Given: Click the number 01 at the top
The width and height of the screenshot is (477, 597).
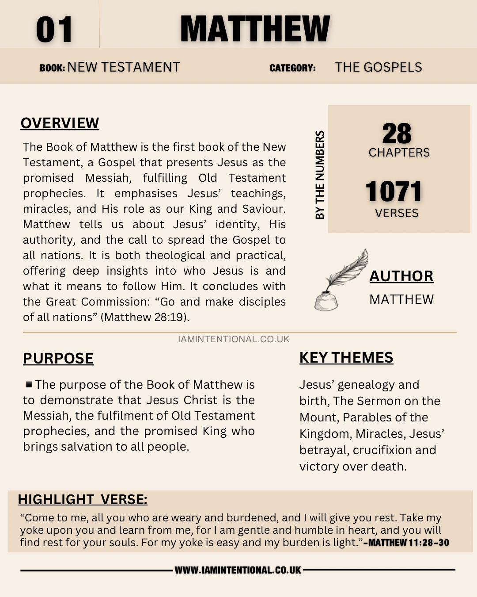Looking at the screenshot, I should [x=54, y=30].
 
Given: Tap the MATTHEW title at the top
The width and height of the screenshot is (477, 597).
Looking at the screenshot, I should [x=255, y=29].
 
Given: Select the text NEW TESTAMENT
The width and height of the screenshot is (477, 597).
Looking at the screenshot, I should [x=124, y=67].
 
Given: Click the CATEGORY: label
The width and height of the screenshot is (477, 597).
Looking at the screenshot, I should [x=292, y=68].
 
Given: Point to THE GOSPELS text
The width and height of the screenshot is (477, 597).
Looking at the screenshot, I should [x=379, y=67].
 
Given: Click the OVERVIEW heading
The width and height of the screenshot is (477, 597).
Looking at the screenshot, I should [x=60, y=123].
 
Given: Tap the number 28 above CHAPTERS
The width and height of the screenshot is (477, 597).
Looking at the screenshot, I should [x=397, y=134].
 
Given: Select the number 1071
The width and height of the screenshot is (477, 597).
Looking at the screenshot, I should [x=394, y=191].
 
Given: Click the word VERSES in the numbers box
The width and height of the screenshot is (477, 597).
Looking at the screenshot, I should [x=397, y=213].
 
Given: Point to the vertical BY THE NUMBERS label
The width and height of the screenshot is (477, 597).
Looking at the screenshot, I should [x=320, y=175].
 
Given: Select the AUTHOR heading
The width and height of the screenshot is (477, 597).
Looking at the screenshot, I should [x=401, y=276].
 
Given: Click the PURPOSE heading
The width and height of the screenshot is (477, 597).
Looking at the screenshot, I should [x=58, y=358].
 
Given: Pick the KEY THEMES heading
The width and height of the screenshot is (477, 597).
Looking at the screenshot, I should [x=346, y=357].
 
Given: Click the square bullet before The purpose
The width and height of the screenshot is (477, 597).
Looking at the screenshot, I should [x=29, y=384].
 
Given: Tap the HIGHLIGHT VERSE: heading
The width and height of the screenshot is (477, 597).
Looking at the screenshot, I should [x=83, y=499].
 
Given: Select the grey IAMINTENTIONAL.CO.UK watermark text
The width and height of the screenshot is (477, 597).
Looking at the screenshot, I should [x=234, y=339].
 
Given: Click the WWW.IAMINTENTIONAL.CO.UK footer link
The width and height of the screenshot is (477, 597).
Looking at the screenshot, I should [x=238, y=570].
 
